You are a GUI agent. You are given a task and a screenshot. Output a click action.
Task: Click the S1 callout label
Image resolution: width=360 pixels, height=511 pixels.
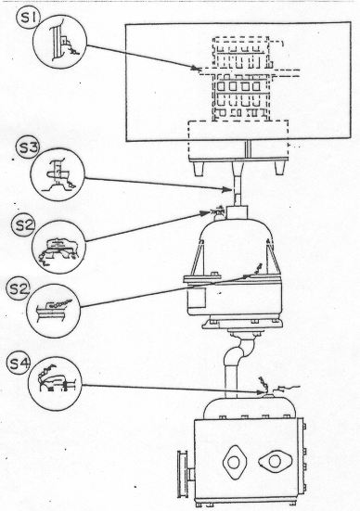pyautogui.click(x=29, y=19)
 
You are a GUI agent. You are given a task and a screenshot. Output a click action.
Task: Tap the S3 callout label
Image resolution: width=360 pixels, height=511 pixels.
pyautogui.click(x=28, y=148)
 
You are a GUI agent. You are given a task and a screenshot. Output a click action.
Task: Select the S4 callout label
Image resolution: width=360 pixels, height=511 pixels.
pyautogui.click(x=19, y=364)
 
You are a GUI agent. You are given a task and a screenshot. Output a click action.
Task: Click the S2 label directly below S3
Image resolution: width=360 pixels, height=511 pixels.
pyautogui.click(x=23, y=225)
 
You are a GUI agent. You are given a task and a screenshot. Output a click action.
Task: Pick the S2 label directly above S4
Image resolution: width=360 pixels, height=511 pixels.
pyautogui.click(x=19, y=289)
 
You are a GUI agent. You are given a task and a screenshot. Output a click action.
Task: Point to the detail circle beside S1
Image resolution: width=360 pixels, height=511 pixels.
pyautogui.click(x=60, y=42)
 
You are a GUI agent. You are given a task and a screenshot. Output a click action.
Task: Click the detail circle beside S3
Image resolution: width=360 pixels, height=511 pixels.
pyautogui.click(x=58, y=174)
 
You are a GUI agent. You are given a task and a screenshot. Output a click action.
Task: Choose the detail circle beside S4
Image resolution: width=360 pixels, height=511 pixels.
pyautogui.click(x=55, y=384)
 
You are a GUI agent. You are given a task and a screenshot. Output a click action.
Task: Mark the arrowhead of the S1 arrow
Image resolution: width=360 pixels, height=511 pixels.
pyautogui.click(x=196, y=69)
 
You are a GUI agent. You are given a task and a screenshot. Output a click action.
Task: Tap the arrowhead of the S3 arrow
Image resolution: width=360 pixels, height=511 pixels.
pyautogui.click(x=227, y=189)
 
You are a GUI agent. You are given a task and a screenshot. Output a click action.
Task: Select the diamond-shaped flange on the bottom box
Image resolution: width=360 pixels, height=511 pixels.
pyautogui.click(x=235, y=462)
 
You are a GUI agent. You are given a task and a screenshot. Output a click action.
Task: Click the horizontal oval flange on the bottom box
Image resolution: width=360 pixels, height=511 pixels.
pyautogui.click(x=276, y=461)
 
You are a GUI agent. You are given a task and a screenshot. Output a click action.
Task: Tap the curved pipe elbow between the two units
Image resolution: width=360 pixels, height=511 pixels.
pyautogui.click(x=240, y=351)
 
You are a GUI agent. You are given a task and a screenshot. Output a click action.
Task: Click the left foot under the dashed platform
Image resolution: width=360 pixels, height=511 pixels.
pyautogui.click(x=199, y=169)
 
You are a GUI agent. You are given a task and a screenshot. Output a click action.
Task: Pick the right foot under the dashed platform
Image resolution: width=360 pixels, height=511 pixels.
pyautogui.click(x=279, y=168)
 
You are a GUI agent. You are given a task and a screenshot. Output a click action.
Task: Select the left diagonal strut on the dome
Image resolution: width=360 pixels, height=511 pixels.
pyautogui.click(x=198, y=258)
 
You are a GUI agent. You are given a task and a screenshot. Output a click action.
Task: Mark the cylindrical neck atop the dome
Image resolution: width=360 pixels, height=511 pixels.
pyautogui.click(x=238, y=212)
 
